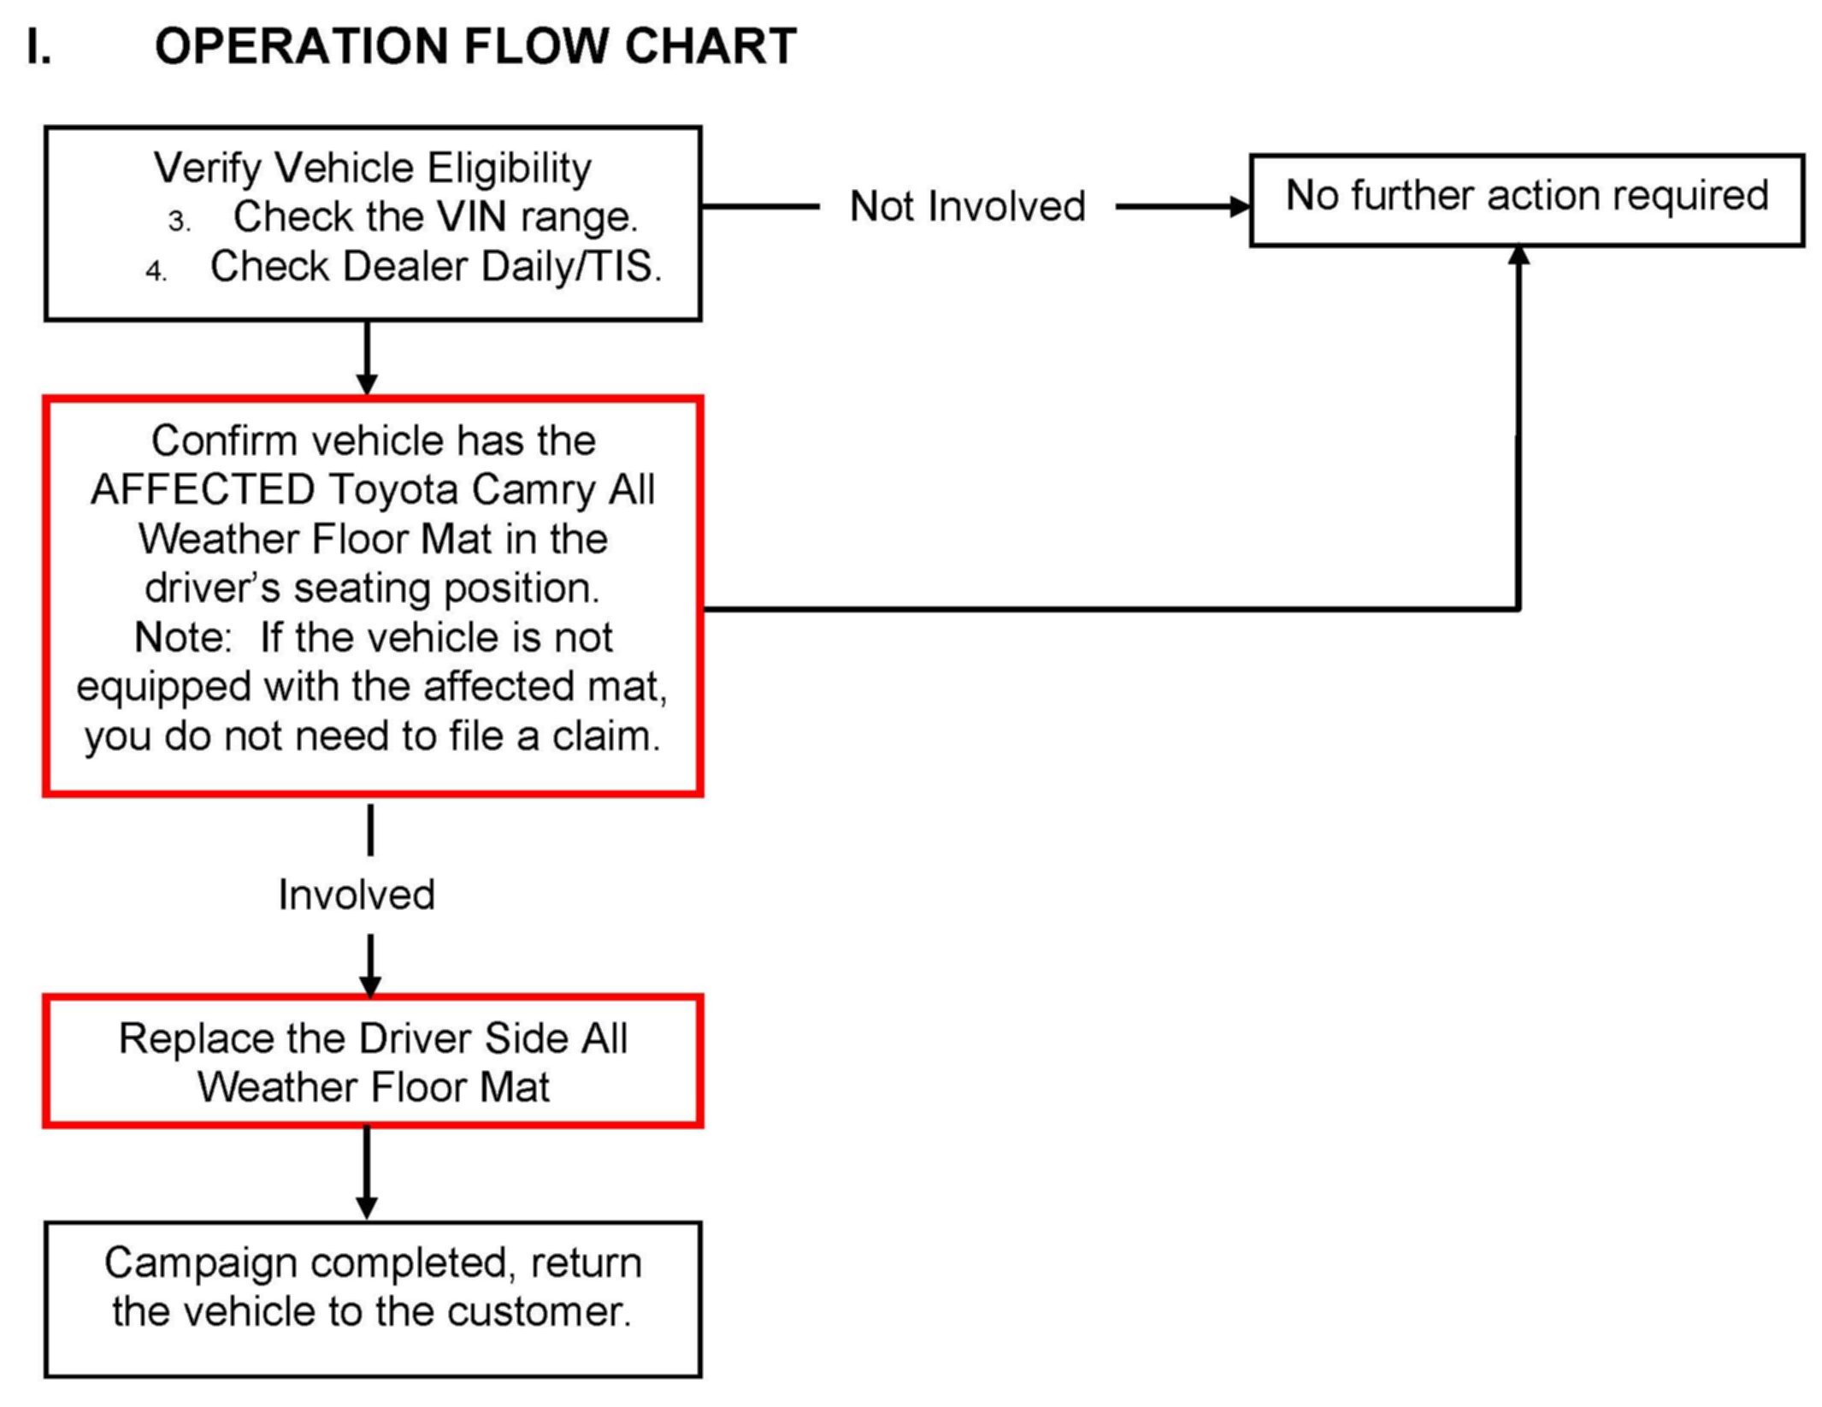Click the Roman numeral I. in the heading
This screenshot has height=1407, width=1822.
point(38,46)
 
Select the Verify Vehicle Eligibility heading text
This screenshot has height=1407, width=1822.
point(372,168)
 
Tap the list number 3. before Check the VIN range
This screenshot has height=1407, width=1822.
point(179,222)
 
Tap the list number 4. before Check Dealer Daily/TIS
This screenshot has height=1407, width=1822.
point(156,271)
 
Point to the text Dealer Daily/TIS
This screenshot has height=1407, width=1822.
point(503,266)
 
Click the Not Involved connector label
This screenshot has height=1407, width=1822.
point(967,206)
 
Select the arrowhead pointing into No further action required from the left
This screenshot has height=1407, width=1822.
point(1239,206)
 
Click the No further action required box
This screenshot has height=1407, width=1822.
point(1527,201)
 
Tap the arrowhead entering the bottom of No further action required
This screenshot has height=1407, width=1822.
point(1518,256)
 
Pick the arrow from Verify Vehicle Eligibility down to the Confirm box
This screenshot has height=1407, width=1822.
point(367,358)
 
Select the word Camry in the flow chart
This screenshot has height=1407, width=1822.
point(534,490)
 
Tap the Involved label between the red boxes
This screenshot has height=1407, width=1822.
point(357,895)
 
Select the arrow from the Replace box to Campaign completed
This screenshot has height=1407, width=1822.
point(367,1173)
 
